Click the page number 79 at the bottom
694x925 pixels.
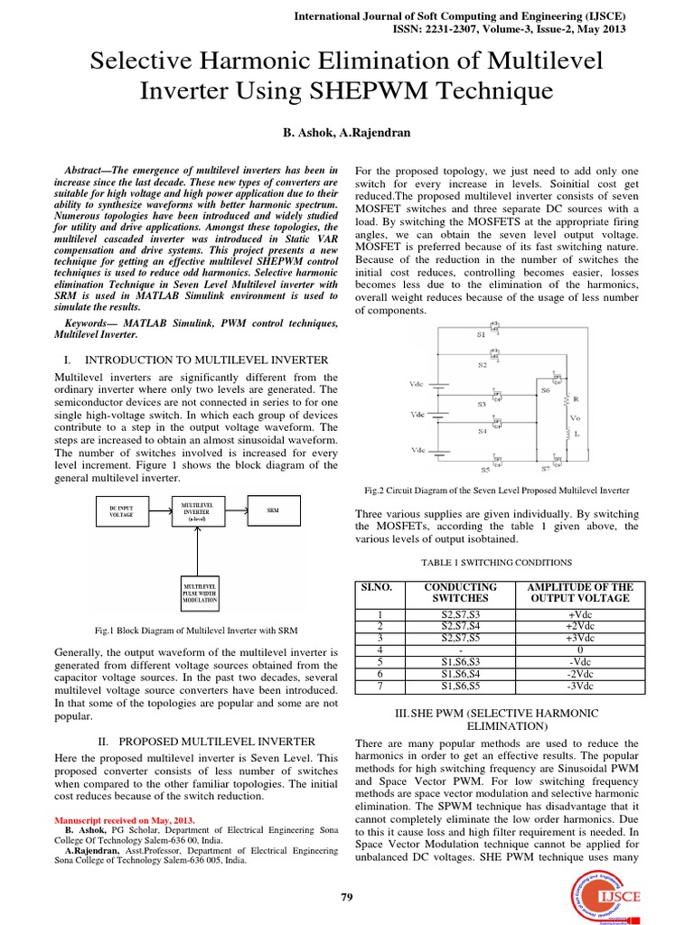pyautogui.click(x=347, y=897)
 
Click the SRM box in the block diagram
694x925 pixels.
pyautogui.click(x=272, y=510)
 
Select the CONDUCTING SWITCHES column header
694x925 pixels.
pyautogui.click(x=460, y=593)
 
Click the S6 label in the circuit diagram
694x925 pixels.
pyautogui.click(x=545, y=390)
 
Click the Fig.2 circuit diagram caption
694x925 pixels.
pyautogui.click(x=497, y=491)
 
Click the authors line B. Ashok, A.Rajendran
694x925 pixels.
pyautogui.click(x=347, y=133)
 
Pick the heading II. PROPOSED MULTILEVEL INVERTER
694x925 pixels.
pyautogui.click(x=205, y=741)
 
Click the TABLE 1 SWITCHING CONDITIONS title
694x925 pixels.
pyautogui.click(x=496, y=561)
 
